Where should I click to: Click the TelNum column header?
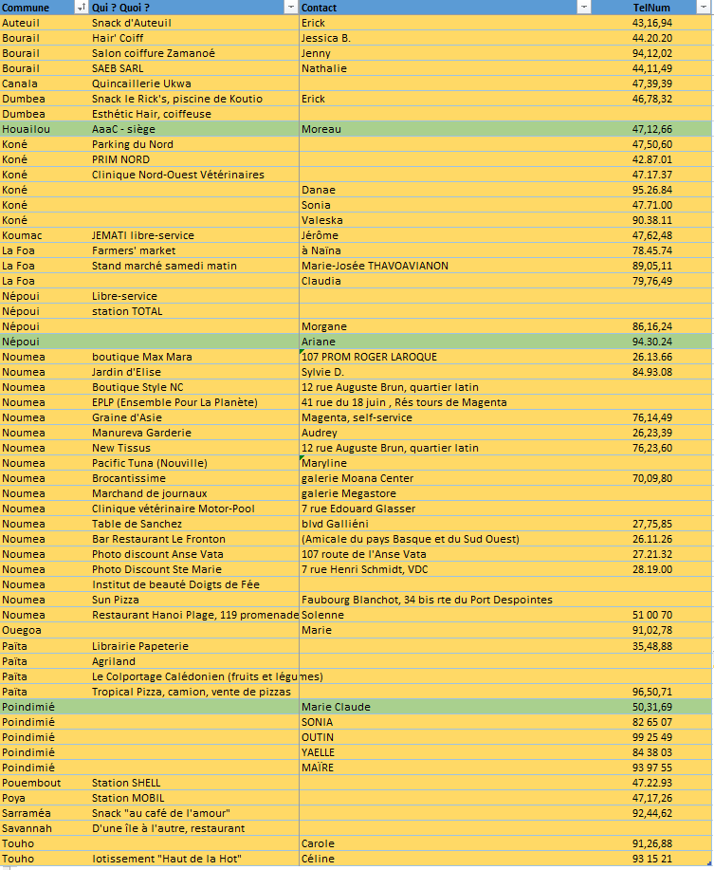651,8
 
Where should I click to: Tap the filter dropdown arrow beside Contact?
584,8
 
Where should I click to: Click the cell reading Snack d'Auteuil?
132,23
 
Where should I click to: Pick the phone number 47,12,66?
652,129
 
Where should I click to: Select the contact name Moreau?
320,129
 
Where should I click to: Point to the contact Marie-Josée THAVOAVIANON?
375,266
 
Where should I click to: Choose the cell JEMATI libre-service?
142,235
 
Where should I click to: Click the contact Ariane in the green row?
318,342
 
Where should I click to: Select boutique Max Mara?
141,357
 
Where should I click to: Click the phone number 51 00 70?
652,615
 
